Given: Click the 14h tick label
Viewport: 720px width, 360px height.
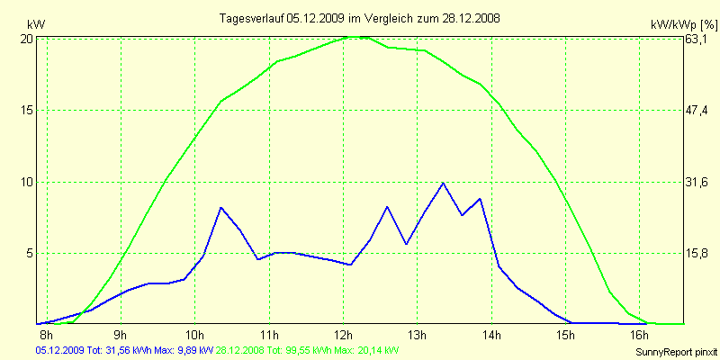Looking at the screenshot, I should (490, 335).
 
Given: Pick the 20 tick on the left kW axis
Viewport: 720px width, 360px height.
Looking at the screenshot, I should (27, 39).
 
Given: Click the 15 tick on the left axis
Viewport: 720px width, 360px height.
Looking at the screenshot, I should (27, 110).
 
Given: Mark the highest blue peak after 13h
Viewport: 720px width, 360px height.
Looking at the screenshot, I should (443, 184).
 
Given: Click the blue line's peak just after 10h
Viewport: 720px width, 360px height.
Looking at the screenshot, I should (221, 208).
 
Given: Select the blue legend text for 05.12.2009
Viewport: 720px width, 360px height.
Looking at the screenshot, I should (124, 349).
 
